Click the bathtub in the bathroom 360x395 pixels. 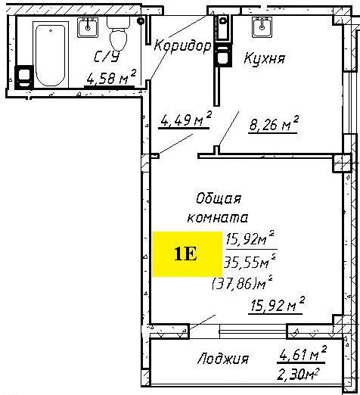[51, 54]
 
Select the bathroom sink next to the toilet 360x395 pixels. [88, 27]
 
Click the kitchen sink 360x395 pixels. [262, 27]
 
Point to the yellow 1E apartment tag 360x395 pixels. [187, 254]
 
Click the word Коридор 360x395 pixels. [182, 47]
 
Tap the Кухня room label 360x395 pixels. [265, 58]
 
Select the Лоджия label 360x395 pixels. [223, 359]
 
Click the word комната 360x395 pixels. [218, 218]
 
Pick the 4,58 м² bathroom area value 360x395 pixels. [111, 78]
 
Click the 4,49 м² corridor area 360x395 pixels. [186, 119]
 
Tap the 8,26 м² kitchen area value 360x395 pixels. [274, 123]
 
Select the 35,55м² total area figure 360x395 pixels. [249, 262]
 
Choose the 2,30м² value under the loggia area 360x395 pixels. [298, 374]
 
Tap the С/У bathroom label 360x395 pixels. [107, 57]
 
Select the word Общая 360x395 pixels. [219, 199]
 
